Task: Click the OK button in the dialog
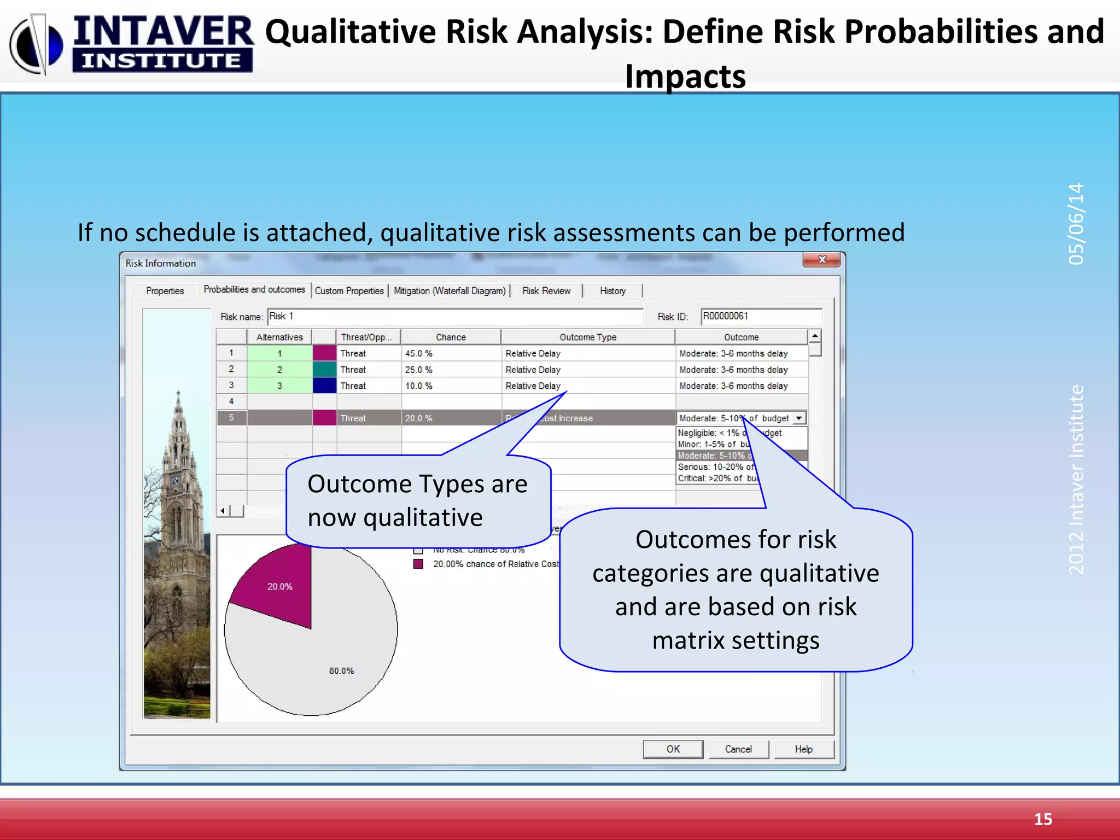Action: (673, 749)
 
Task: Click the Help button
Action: (803, 749)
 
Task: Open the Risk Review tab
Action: (546, 291)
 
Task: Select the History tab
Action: (612, 291)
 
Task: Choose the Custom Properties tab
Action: (349, 291)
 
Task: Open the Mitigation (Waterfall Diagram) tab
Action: (450, 291)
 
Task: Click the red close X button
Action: (821, 260)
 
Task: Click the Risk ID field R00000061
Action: (760, 316)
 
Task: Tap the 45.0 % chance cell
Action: (450, 353)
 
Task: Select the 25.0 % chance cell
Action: (450, 370)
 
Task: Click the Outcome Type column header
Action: (588, 337)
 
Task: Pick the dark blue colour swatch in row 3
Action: (324, 386)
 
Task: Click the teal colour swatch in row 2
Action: (324, 370)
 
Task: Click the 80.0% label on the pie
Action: (341, 671)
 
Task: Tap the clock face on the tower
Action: (176, 481)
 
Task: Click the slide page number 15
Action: (1043, 819)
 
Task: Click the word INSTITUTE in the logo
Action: (162, 61)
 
